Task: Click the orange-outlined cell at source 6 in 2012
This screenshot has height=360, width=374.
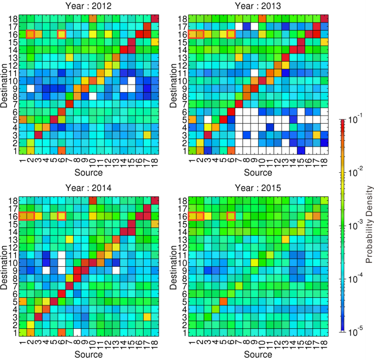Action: pyautogui.click(x=62, y=34)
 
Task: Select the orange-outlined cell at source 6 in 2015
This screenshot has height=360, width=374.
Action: pyautogui.click(x=232, y=217)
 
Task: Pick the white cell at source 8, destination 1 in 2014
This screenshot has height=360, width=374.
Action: pyautogui.click(x=77, y=332)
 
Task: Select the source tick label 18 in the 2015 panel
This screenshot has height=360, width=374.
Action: pyautogui.click(x=326, y=344)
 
